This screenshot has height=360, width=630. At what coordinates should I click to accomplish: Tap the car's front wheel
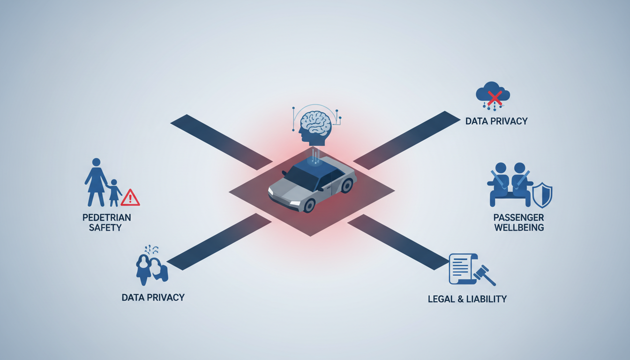309,205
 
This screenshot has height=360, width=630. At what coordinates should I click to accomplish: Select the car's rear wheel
347,185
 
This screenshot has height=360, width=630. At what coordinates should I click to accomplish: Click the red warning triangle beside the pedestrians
130,198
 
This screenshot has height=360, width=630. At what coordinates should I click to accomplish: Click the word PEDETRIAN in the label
106,217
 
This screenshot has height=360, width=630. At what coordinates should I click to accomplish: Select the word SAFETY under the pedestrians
106,228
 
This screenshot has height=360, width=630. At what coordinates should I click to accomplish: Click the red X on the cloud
494,97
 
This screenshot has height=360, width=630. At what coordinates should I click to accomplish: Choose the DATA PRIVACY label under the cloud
496,121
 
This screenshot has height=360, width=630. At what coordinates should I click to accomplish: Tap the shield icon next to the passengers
542,195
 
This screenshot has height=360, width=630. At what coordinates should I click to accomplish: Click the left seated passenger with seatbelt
500,184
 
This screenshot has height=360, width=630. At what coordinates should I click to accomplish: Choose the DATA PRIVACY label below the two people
153,297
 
